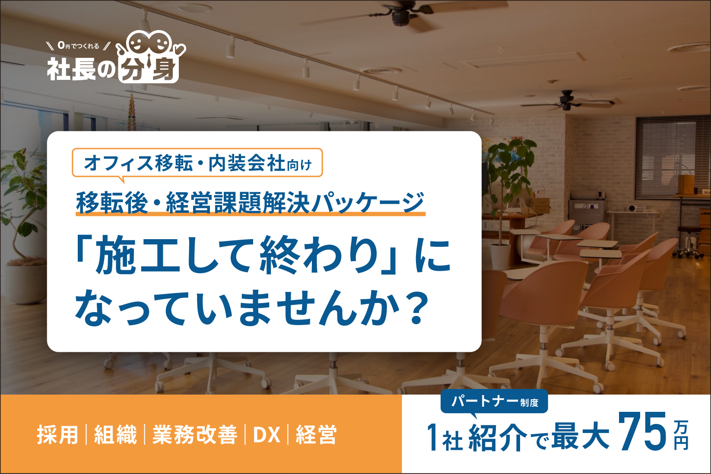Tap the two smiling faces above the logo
149,42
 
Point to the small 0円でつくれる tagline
79,46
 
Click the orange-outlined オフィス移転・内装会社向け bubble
197,162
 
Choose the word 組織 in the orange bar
115,434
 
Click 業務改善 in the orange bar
195,434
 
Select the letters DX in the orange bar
267,435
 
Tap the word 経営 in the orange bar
316,434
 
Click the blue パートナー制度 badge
494,401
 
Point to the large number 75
643,432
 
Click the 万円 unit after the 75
681,435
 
